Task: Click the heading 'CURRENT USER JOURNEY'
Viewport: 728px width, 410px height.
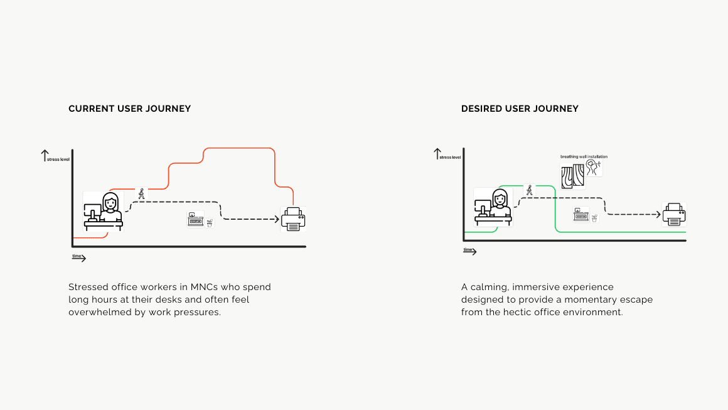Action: pos(129,109)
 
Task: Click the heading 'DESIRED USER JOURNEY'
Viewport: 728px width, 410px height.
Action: pos(520,109)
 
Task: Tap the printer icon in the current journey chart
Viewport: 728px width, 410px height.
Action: pos(293,219)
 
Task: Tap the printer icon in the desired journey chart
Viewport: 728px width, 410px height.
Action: pos(674,214)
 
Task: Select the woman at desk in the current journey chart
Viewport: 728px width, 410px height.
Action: pos(104,212)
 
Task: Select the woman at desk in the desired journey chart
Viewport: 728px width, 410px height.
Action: pos(493,207)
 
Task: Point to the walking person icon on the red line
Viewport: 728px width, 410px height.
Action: pos(142,194)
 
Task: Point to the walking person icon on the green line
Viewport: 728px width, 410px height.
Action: pos(530,190)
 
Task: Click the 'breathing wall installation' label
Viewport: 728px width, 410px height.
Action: pos(584,157)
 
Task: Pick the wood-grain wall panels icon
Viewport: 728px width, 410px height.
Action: pos(572,176)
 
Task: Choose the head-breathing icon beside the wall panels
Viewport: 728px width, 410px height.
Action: pos(594,167)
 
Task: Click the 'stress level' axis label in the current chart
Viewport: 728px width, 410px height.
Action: pos(58,159)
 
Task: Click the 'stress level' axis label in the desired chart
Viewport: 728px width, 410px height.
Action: pos(450,157)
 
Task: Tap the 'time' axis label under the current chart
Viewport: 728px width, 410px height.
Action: pos(77,256)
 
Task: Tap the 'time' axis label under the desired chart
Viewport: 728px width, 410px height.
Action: pos(468,250)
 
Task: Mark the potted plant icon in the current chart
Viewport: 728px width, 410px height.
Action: pos(210,222)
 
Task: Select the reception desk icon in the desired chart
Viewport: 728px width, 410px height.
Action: pos(580,215)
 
